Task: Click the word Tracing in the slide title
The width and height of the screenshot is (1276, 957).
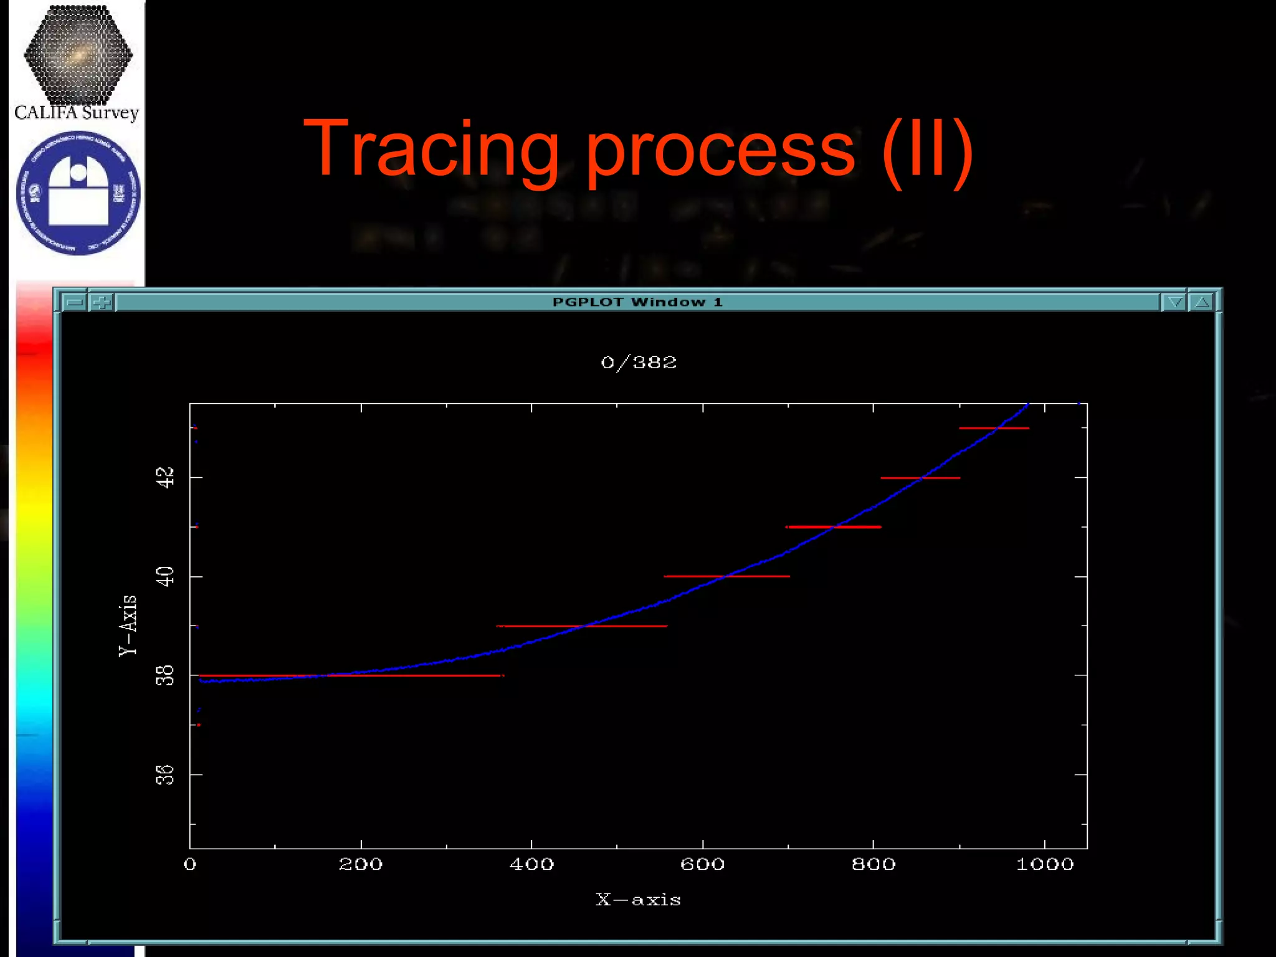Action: (430, 150)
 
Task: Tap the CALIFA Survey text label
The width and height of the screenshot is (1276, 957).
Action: (77, 113)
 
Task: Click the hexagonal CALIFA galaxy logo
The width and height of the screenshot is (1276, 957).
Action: (78, 55)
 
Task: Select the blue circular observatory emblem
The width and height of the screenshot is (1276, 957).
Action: (78, 193)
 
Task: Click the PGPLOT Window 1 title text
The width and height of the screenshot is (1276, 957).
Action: (637, 302)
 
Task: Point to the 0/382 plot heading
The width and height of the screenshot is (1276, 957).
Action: (639, 362)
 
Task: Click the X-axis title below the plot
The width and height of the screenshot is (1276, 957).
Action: (638, 900)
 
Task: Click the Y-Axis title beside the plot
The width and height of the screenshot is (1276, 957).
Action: (128, 625)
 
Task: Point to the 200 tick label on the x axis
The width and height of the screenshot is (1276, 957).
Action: (361, 864)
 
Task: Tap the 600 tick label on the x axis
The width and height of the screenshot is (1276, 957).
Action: (702, 864)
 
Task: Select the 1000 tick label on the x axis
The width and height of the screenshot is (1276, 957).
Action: (1045, 864)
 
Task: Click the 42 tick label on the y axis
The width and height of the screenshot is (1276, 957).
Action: (164, 477)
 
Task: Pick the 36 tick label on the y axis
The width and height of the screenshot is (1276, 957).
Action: (164, 775)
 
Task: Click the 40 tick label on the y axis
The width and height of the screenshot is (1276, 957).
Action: (164, 576)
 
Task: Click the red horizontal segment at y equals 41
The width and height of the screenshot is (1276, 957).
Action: (834, 527)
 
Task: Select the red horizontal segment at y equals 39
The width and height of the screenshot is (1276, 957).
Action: (583, 626)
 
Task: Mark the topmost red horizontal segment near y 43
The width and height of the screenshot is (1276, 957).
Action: (994, 428)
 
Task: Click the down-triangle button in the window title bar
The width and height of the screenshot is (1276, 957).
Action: (1174, 302)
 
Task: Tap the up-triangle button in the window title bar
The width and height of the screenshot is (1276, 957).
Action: (1202, 302)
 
